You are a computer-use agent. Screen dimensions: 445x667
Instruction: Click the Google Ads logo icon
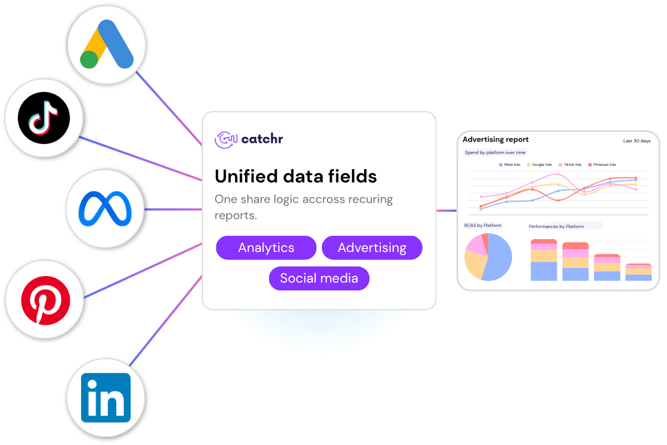coord(106,44)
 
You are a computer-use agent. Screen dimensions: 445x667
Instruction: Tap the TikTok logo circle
coord(44,118)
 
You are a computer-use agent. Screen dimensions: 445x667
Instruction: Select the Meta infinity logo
coord(105,209)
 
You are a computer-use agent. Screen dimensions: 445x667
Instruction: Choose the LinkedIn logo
coord(106,397)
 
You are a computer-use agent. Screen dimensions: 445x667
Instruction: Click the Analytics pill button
coord(266,248)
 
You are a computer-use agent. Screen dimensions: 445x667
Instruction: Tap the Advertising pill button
coord(372,248)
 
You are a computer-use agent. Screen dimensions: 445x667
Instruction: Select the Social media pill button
coord(319,278)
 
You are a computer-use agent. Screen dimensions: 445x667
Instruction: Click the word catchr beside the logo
coord(262,139)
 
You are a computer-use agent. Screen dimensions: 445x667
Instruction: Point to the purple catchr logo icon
coord(226,139)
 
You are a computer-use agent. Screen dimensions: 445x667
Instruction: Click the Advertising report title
coord(495,140)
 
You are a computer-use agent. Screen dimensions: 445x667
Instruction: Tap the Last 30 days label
coord(636,141)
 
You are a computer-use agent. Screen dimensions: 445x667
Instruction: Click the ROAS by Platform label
coord(483,226)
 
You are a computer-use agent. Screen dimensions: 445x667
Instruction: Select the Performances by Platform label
coord(556,226)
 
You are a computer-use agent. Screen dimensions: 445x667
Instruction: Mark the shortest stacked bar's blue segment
coord(639,278)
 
